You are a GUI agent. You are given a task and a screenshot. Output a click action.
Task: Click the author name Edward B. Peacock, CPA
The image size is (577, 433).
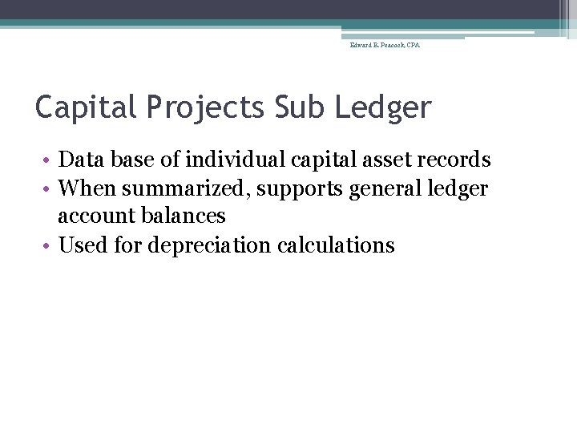point(385,46)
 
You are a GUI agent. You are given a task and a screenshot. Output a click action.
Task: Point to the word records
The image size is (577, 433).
point(455,160)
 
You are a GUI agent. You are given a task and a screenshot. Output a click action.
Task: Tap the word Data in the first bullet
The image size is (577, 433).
point(79,160)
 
